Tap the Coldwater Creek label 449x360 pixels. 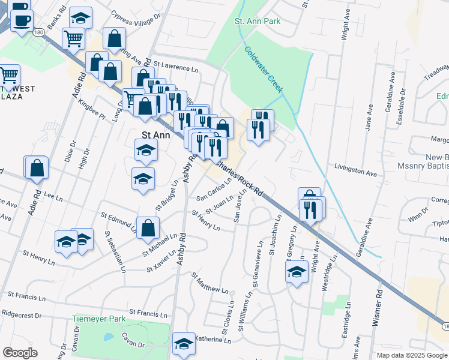(264, 70)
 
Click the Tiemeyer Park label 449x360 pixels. (98, 319)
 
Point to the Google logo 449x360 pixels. (20, 353)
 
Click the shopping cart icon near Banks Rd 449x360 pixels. (73, 38)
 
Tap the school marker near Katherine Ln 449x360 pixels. (184, 344)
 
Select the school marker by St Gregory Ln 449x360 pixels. (296, 272)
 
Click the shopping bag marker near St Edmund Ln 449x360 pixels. (148, 228)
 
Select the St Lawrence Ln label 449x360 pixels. (176, 65)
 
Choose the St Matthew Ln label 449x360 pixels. (211, 283)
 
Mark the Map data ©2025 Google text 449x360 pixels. (411, 355)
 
